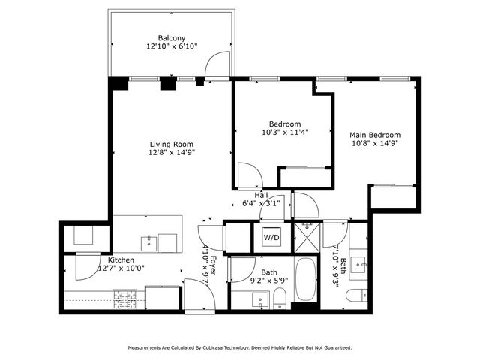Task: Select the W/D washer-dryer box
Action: (271, 238)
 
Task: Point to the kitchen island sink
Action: (149, 242)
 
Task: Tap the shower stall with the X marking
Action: (307, 238)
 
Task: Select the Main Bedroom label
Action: (375, 135)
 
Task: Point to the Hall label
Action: (260, 194)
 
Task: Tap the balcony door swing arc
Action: (217, 64)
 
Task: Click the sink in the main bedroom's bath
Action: (359, 264)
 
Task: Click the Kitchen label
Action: (121, 259)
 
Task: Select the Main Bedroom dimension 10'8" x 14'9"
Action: (375, 145)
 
